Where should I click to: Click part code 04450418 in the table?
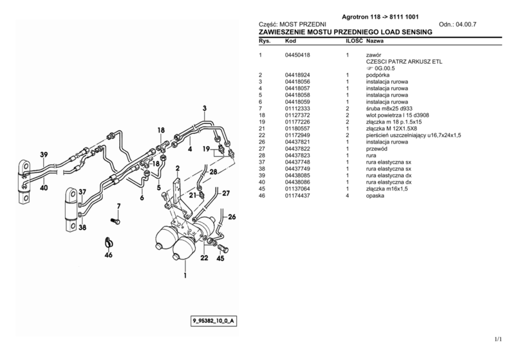[297, 56]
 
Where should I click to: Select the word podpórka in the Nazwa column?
[379, 75]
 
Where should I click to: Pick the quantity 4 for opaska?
[347, 195]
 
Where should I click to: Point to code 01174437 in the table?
[297, 195]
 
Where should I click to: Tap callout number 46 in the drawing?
[108, 256]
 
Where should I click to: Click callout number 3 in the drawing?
[204, 108]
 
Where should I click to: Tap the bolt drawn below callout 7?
[116, 220]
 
